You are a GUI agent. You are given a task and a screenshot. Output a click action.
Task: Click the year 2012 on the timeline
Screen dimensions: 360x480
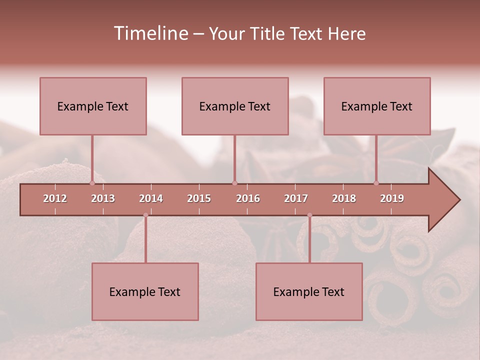55,198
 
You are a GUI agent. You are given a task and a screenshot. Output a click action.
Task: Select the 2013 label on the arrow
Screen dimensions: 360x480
103,198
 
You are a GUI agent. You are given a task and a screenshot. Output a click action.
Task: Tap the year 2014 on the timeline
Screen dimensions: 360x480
151,198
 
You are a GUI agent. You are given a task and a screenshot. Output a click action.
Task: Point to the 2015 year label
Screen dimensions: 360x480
199,198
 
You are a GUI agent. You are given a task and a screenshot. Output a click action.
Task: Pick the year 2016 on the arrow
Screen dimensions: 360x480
248,198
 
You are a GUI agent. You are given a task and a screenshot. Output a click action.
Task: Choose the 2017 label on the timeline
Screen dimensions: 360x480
296,198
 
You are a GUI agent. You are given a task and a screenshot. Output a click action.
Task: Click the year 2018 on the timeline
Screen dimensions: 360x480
344,198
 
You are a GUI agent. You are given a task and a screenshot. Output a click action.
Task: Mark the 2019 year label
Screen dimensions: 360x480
392,198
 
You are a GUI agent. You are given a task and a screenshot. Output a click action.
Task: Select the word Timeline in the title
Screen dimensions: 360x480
150,33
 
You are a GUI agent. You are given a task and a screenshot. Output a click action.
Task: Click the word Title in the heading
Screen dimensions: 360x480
267,34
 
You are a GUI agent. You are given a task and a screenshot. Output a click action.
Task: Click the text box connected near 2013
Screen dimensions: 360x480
93,106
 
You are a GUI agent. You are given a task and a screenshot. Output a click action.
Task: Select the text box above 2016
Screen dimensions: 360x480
235,106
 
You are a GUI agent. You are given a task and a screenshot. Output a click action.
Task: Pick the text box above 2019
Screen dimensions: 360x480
377,106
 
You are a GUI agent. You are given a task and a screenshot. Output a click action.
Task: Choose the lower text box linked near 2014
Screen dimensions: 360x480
145,291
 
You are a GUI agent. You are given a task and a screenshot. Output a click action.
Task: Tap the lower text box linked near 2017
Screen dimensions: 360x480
309,291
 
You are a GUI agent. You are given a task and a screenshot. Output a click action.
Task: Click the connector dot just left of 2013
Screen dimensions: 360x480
92,183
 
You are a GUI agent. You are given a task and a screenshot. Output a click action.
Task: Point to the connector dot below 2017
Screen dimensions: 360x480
309,215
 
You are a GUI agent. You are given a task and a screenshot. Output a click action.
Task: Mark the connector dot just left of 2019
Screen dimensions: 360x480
376,183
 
